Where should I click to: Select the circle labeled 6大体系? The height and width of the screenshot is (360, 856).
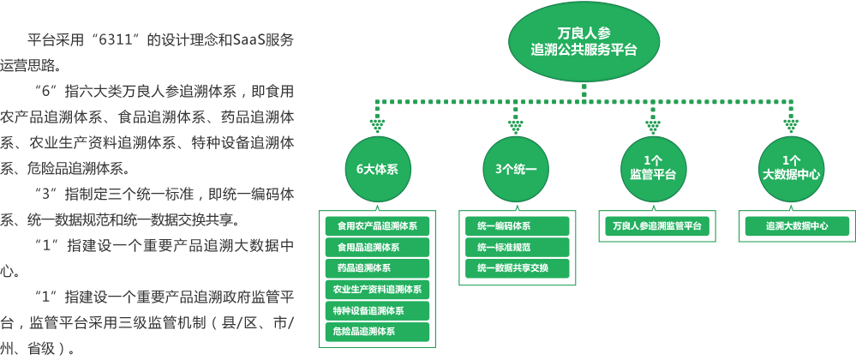click(377, 169)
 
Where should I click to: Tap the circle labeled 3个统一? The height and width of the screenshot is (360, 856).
click(515, 169)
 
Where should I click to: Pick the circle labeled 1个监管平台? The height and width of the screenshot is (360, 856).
click(653, 169)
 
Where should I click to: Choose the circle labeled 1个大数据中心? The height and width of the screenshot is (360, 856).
click(791, 169)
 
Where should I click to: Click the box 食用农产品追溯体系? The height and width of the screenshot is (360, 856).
click(377, 226)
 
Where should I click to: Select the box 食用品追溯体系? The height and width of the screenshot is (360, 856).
click(377, 248)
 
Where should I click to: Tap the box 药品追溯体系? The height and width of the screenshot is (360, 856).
click(377, 268)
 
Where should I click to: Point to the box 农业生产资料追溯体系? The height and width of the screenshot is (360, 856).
click(377, 289)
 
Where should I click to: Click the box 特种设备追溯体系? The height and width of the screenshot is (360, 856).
click(377, 310)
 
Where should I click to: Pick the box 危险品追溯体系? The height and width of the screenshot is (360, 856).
click(377, 331)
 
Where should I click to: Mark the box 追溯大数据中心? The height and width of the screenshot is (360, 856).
click(796, 226)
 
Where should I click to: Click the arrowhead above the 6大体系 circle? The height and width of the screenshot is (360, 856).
click(377, 126)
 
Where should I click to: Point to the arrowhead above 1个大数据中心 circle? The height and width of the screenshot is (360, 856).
click(791, 126)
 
